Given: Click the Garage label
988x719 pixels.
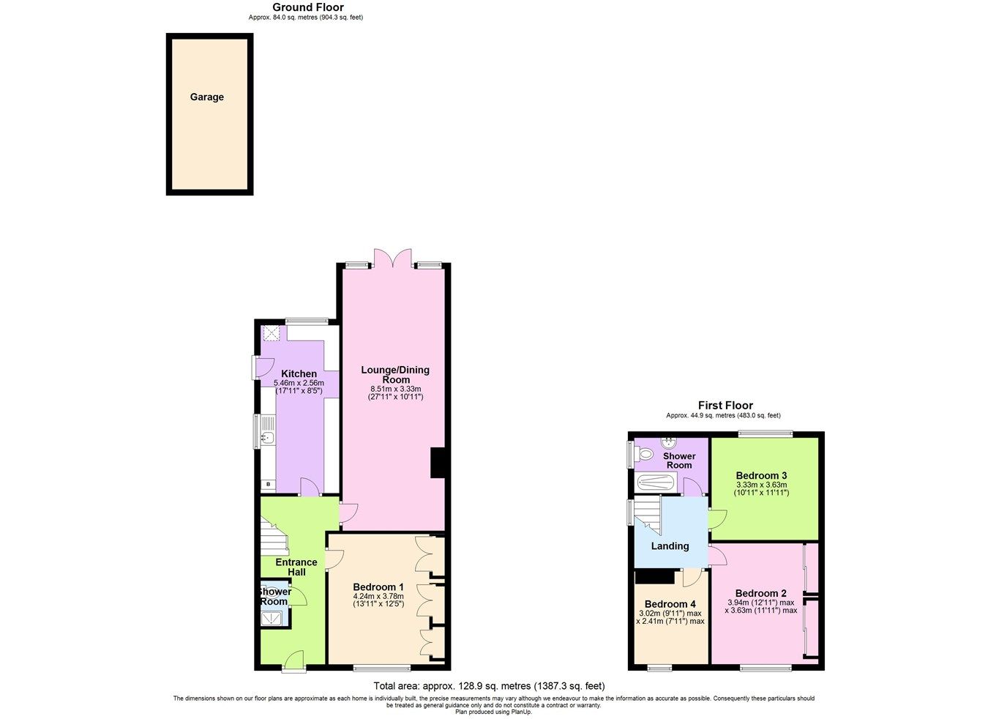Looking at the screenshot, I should click(x=207, y=97).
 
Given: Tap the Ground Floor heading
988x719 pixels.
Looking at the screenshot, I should click(x=307, y=7).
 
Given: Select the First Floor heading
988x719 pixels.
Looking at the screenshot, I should click(x=725, y=405).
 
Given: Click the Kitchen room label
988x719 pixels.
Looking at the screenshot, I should click(x=299, y=373).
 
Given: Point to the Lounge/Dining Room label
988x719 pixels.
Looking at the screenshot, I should click(x=395, y=374).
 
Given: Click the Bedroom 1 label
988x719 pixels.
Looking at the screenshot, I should click(x=378, y=586).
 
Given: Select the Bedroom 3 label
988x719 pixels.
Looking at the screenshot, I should click(x=761, y=475).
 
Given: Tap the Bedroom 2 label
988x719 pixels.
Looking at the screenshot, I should click(x=761, y=593).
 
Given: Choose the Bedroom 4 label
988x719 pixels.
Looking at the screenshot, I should click(x=670, y=604).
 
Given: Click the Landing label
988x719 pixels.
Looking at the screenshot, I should click(x=670, y=545).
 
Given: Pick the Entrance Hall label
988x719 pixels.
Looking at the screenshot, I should click(x=296, y=567).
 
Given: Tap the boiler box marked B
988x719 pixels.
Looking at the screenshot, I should click(x=269, y=484).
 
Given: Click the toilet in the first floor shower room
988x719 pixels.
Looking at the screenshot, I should click(x=644, y=454).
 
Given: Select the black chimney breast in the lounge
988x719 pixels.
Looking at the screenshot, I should click(x=438, y=463).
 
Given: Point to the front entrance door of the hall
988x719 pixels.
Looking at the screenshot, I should click(x=294, y=660).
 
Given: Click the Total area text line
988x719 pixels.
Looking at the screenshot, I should click(x=489, y=686).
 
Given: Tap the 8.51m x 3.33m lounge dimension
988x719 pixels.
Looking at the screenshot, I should click(x=395, y=389).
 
